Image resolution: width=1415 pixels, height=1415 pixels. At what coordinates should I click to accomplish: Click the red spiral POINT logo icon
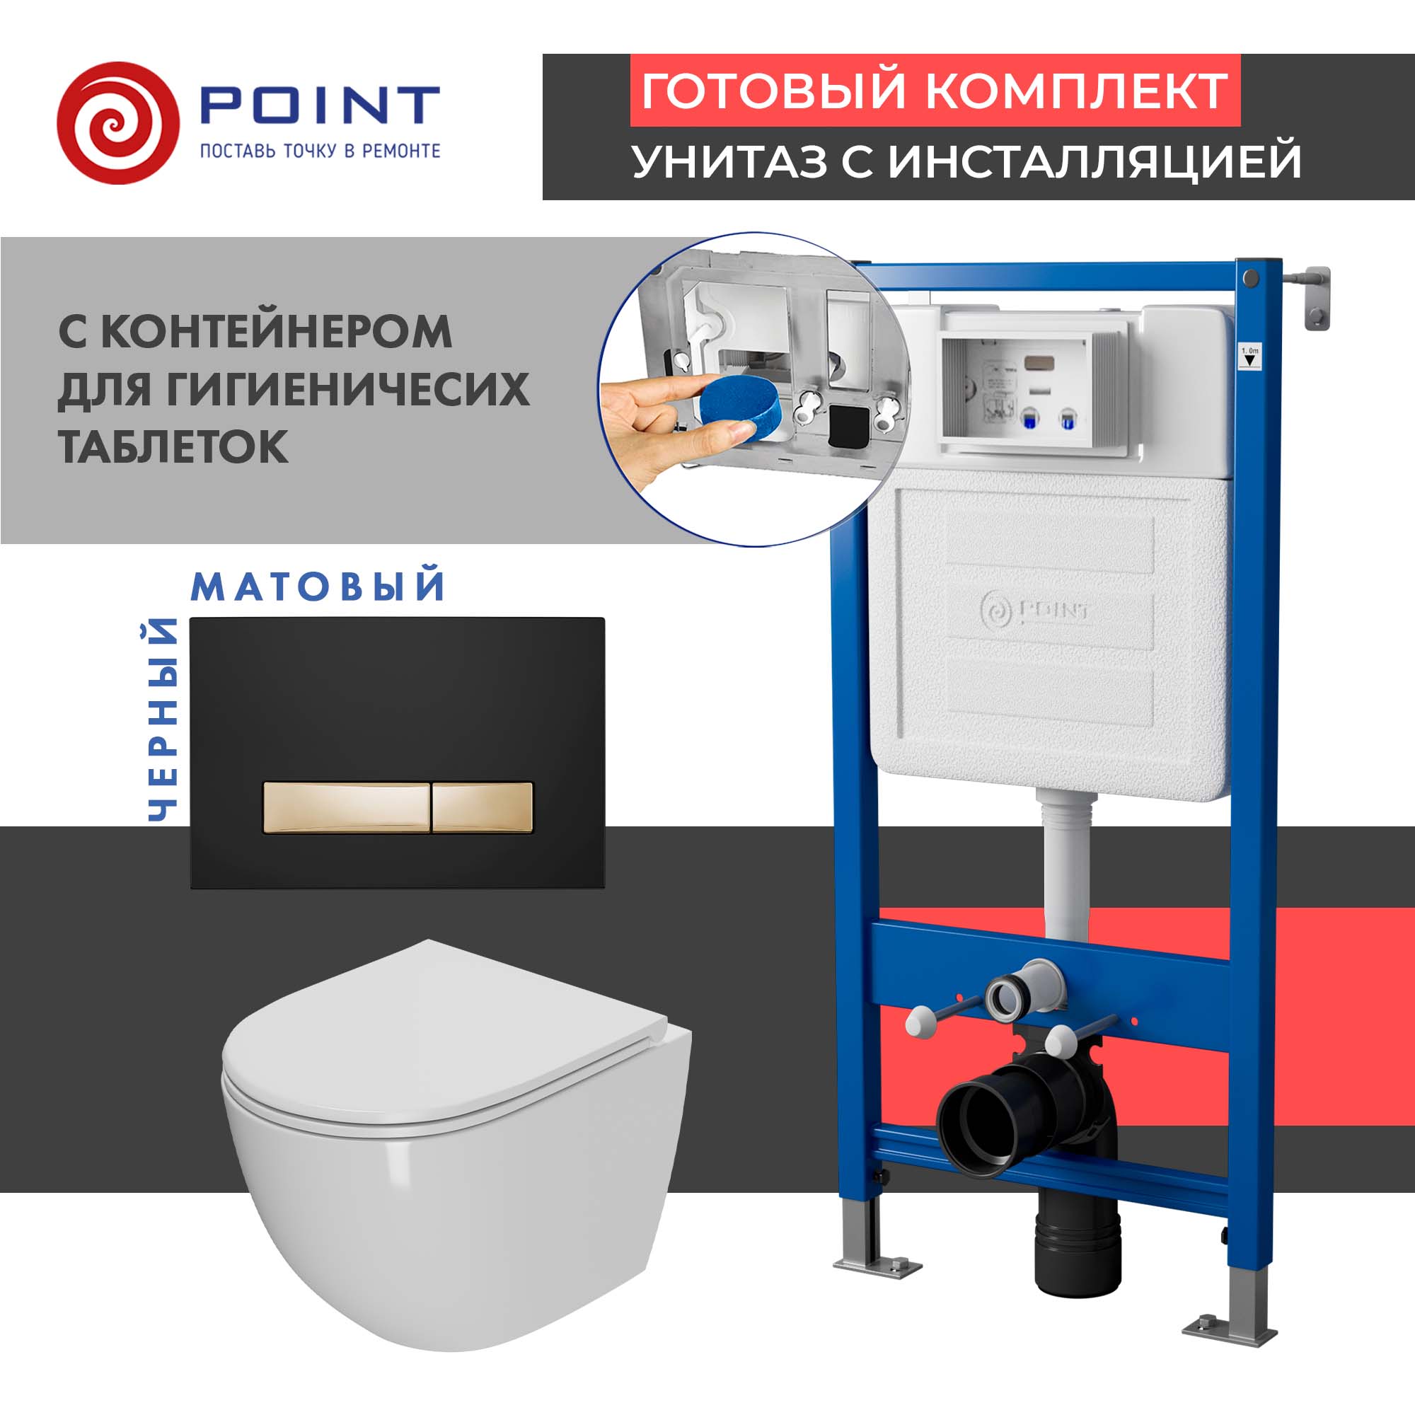point(117,122)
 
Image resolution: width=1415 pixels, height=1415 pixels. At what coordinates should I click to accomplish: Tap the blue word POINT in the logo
point(319,105)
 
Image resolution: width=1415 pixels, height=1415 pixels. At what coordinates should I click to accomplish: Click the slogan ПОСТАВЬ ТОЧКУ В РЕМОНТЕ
point(320,151)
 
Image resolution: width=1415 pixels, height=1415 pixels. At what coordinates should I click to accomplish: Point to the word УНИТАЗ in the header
point(729,161)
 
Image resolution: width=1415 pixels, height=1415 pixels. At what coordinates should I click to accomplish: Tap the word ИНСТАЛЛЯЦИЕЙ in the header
point(1095,161)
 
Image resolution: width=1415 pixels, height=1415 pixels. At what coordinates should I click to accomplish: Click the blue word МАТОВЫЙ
point(318,587)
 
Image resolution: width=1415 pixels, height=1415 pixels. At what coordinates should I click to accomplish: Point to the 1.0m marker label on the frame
point(1249,357)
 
